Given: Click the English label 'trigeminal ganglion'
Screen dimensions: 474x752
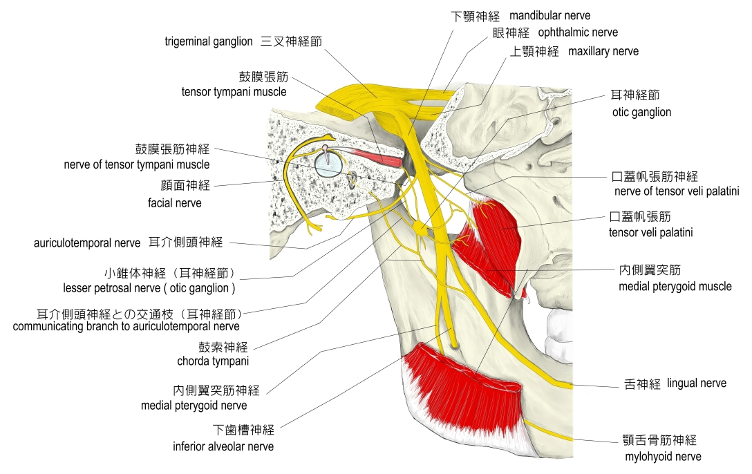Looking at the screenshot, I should pos(209,41).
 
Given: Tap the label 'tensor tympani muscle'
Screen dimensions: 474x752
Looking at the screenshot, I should pos(234,91).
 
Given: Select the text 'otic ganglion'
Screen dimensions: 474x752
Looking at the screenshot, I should pos(641,112).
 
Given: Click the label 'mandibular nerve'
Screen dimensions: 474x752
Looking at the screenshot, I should pos(550,15).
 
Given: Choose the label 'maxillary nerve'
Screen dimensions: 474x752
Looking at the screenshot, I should pos(603,51).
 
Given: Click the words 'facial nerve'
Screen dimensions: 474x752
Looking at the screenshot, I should pos(175,203).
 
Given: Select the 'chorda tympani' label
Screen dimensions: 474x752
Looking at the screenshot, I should pos(213,361).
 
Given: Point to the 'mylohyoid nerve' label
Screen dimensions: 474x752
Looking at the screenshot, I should pos(662,456).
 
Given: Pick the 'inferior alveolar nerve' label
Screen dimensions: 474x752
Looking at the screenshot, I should pos(223,446).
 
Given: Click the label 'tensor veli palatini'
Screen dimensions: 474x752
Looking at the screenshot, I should pos(650,233).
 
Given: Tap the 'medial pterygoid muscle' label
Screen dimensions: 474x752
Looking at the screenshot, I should pos(669,286).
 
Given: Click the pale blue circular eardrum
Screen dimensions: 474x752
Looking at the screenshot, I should pos(327,164).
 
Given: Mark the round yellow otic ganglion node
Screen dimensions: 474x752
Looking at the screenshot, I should pos(421,226).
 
